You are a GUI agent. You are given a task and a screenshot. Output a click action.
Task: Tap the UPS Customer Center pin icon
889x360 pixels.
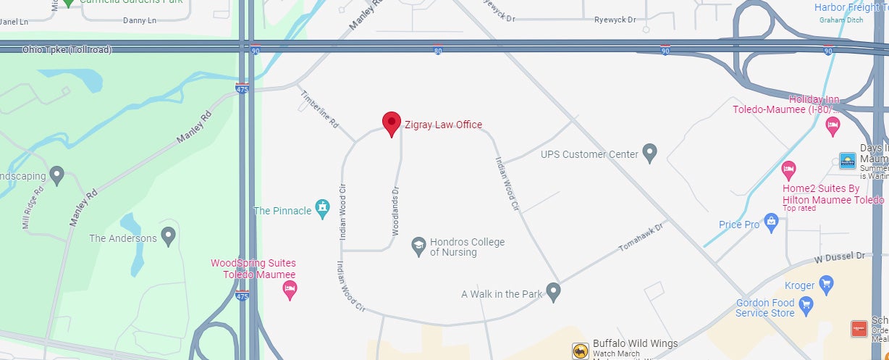tap(650, 153)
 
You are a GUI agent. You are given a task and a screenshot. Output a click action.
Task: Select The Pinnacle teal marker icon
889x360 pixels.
tap(323, 209)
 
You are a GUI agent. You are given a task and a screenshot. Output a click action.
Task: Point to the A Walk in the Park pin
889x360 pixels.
tap(554, 293)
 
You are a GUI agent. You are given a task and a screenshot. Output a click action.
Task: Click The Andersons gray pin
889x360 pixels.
tap(169, 236)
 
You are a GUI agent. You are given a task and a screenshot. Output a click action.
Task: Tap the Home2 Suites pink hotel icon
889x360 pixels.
tap(789, 171)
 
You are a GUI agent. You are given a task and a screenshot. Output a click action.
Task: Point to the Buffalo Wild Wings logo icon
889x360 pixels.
tap(579, 351)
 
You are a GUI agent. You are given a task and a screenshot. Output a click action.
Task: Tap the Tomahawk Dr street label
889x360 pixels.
tap(641, 237)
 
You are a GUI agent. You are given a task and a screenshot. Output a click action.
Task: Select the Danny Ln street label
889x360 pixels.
tap(140, 20)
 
